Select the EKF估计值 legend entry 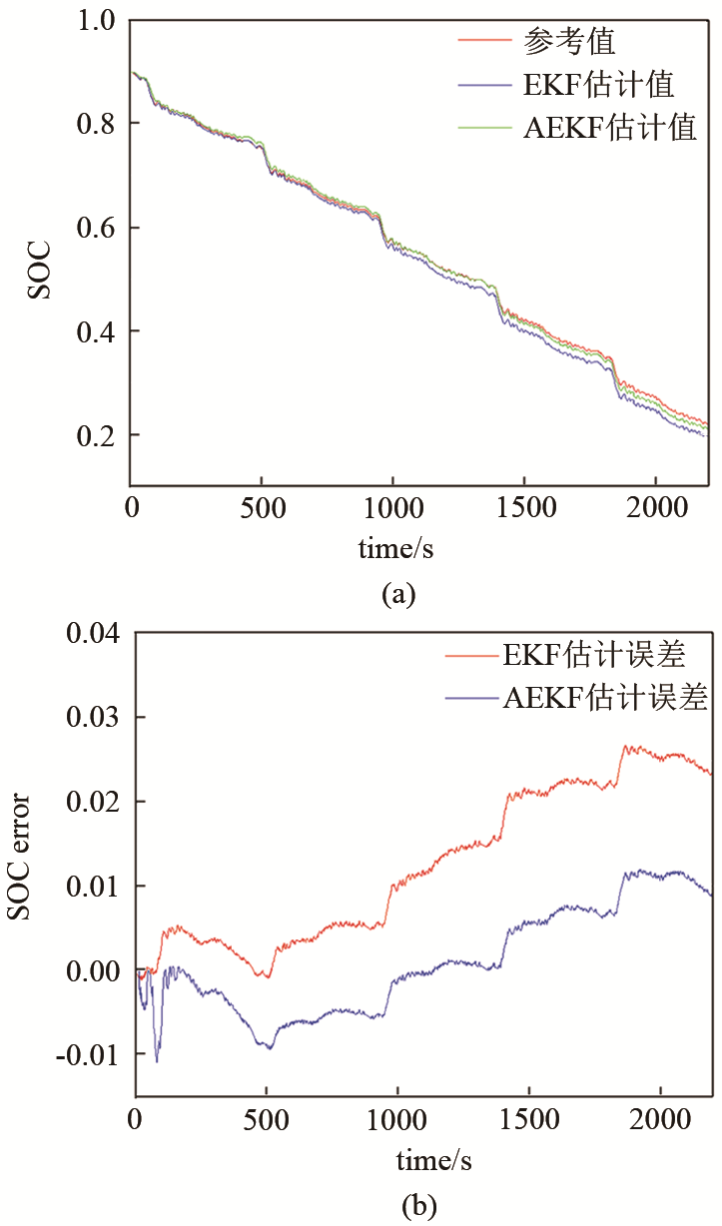598,85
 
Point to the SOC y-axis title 37,271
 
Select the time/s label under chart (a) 396,549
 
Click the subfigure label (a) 396,595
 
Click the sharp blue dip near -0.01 157,1060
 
